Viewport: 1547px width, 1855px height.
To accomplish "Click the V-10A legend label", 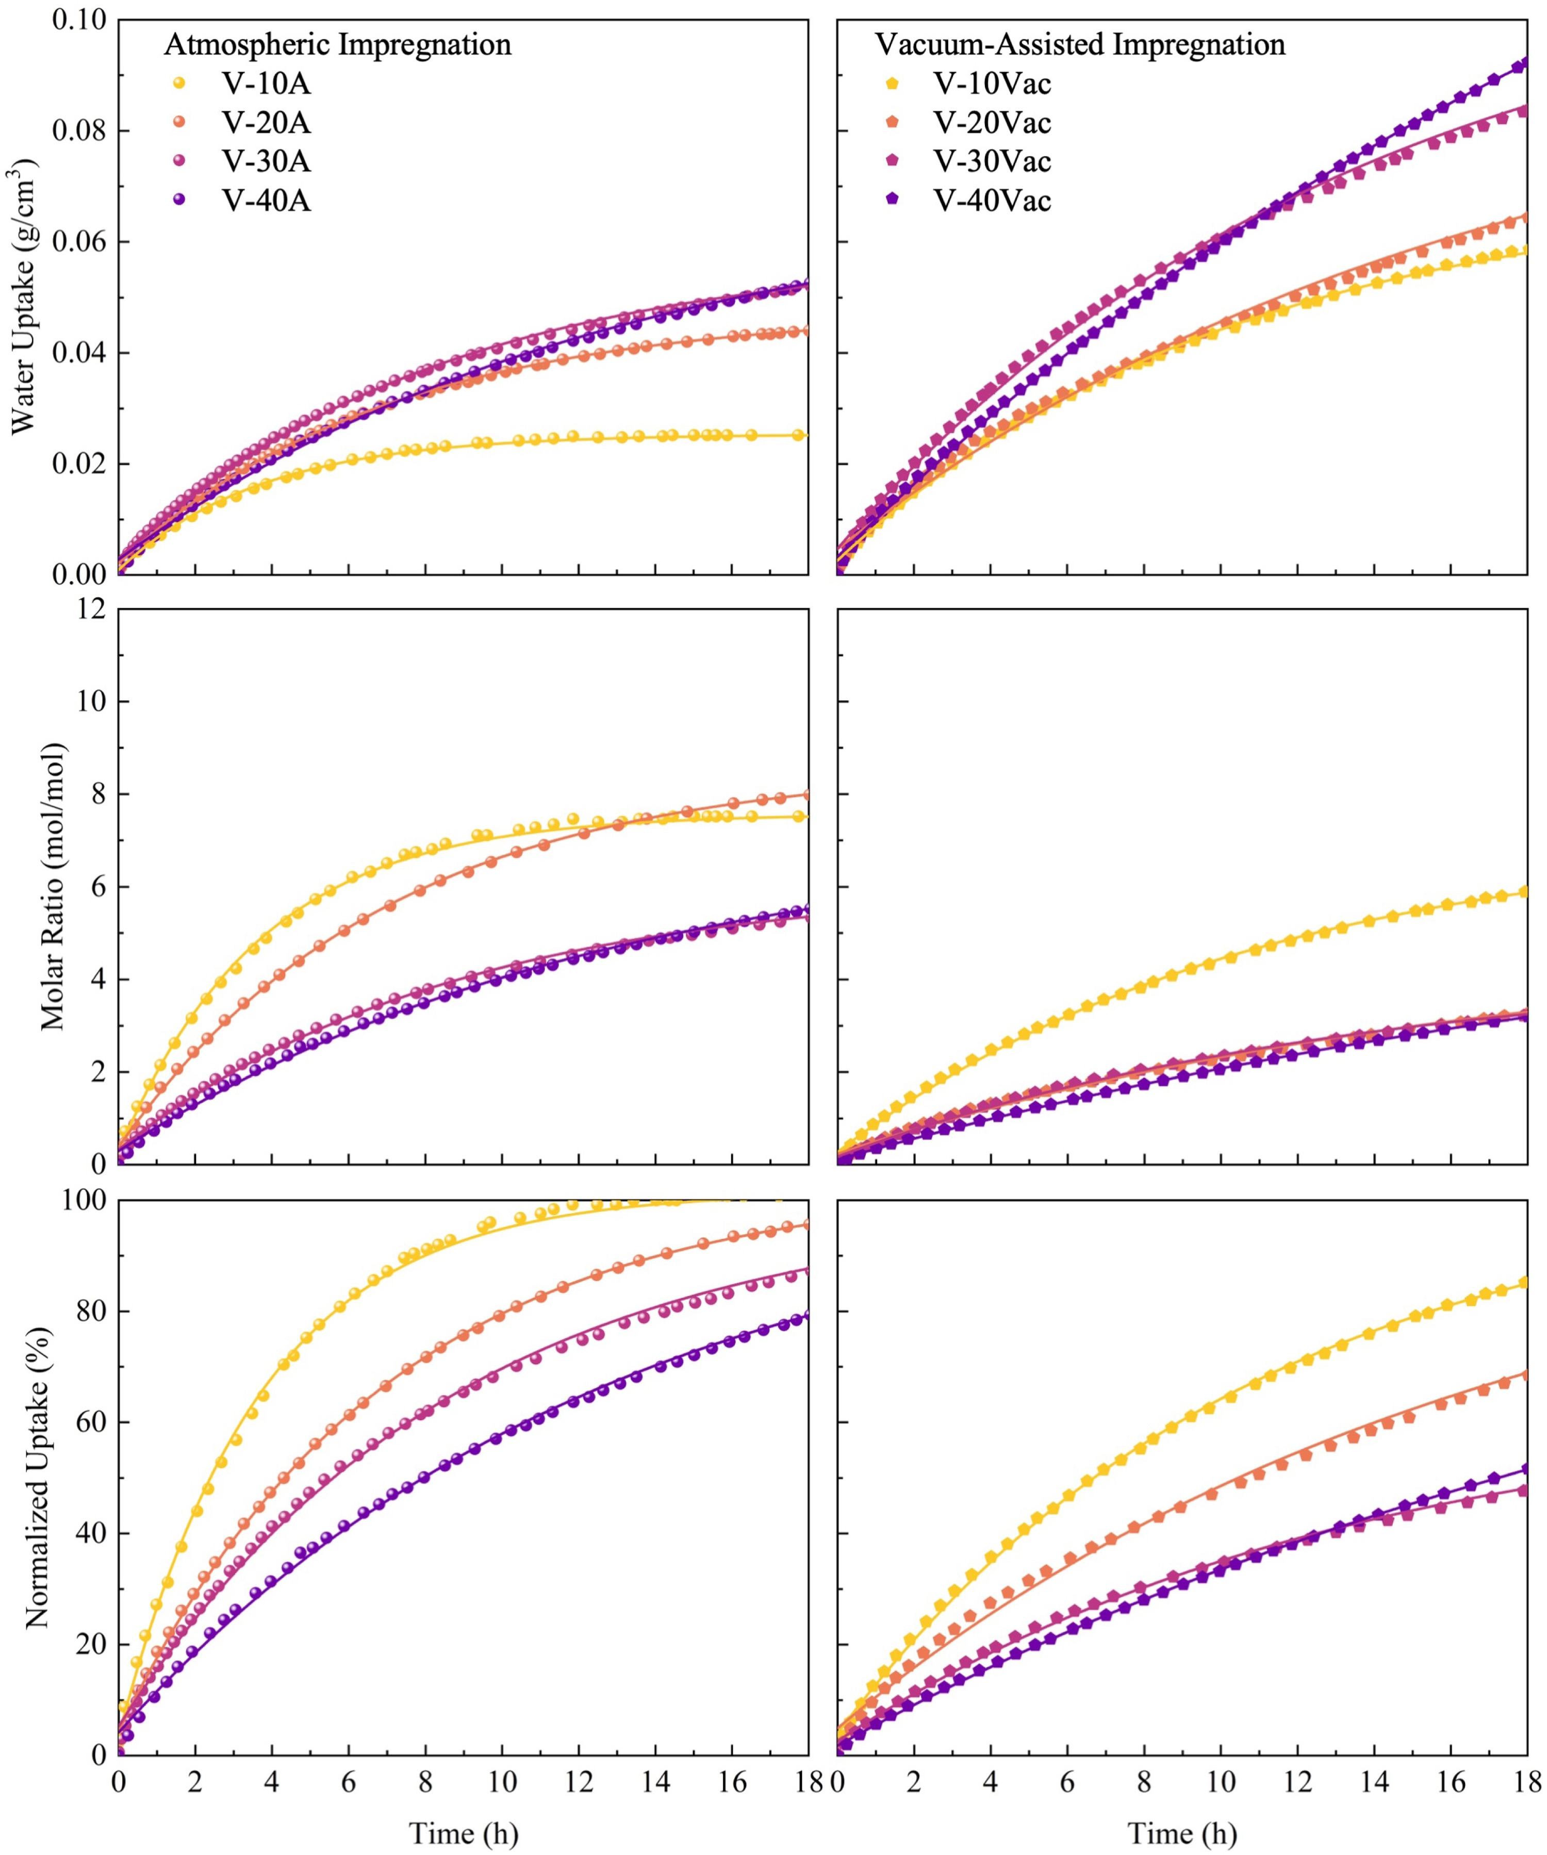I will [265, 84].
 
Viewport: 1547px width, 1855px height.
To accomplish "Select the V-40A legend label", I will [265, 201].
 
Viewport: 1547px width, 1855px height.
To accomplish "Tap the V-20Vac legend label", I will [992, 123].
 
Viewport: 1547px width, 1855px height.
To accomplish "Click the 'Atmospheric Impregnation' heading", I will [337, 44].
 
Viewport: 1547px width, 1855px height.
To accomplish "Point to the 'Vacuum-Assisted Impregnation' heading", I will [1080, 44].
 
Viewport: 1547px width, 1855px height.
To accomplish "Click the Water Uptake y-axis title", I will [25, 296].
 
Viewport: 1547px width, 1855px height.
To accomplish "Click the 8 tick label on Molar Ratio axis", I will [97, 794].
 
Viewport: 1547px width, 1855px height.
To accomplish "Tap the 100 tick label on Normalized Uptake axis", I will [84, 1200].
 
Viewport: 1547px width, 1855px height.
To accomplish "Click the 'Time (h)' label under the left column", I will [463, 1833].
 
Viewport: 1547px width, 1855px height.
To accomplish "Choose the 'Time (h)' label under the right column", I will [1182, 1833].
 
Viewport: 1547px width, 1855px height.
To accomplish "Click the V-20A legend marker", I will [179, 123].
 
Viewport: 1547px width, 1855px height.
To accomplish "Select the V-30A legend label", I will [265, 162].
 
